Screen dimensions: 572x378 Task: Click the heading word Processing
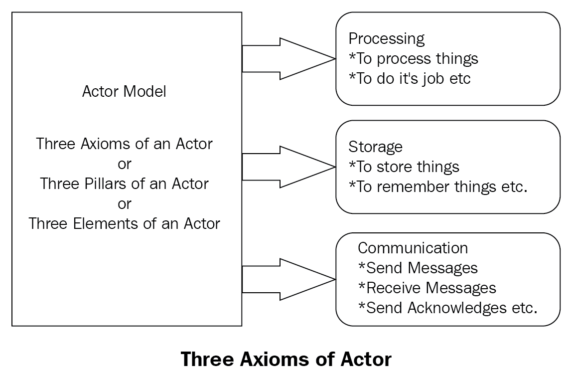pyautogui.click(x=386, y=39)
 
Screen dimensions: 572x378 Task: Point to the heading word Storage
pyautogui.click(x=375, y=147)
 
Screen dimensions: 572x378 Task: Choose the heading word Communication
pyautogui.click(x=413, y=248)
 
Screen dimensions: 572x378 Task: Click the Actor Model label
pyautogui.click(x=124, y=91)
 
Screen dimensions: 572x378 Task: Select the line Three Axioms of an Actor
pyautogui.click(x=124, y=144)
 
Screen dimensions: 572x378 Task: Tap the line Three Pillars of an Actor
pyautogui.click(x=124, y=184)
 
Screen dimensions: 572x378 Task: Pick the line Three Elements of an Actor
pyautogui.click(x=124, y=223)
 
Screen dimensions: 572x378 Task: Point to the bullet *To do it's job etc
pyautogui.click(x=410, y=79)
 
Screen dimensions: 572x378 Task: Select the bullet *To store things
pyautogui.click(x=404, y=167)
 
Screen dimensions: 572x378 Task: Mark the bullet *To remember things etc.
pyautogui.click(x=438, y=187)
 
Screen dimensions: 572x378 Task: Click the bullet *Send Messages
pyautogui.click(x=418, y=268)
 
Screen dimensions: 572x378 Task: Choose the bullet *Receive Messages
pyautogui.click(x=427, y=288)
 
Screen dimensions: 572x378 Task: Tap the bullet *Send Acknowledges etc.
pyautogui.click(x=447, y=308)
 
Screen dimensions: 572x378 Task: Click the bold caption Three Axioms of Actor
pyautogui.click(x=286, y=359)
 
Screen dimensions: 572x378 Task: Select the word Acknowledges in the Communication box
pyautogui.click(x=457, y=308)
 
